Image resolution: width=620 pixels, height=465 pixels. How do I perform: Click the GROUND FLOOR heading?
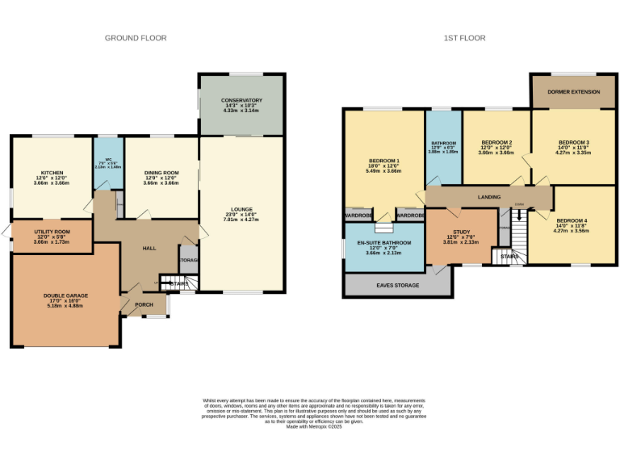136,38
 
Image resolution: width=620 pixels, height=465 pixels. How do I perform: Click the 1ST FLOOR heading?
463,38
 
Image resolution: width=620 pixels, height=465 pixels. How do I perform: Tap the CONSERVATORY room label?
242,101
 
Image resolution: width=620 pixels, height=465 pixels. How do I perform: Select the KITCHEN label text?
52,174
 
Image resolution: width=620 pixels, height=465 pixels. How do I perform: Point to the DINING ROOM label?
161,174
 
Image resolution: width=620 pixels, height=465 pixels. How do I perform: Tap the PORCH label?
144,304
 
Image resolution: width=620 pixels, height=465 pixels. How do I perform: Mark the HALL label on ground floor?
149,248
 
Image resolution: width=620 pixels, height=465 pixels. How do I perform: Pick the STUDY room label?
461,232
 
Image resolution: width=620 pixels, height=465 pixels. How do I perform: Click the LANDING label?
488,197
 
